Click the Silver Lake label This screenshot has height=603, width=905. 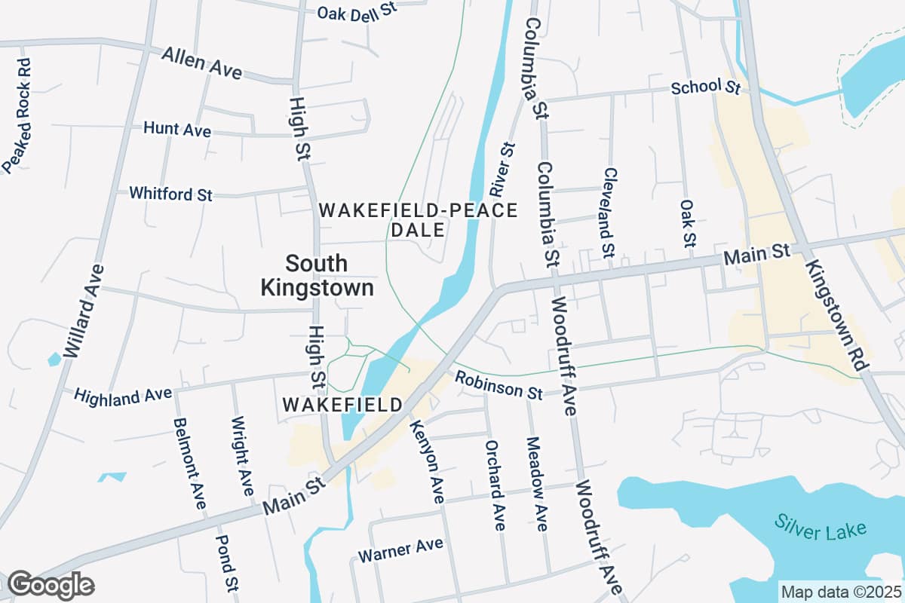pyautogui.click(x=820, y=525)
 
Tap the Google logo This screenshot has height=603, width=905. pyautogui.click(x=51, y=585)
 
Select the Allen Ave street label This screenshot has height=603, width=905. pyautogui.click(x=201, y=63)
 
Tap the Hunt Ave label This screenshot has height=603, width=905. pyautogui.click(x=177, y=130)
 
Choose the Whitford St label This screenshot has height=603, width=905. pyautogui.click(x=170, y=194)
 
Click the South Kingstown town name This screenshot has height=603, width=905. pyautogui.click(x=317, y=275)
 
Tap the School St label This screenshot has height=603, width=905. pyautogui.click(x=706, y=87)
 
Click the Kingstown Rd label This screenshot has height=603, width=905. pyautogui.click(x=837, y=314)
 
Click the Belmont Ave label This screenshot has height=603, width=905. pyautogui.click(x=189, y=462)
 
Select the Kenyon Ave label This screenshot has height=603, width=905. pyautogui.click(x=428, y=462)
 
